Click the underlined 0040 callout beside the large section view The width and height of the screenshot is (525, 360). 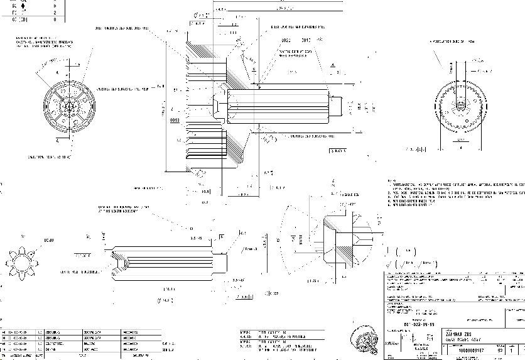pyautogui.click(x=174, y=119)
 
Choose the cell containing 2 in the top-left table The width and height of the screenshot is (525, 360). pyautogui.click(x=55, y=13)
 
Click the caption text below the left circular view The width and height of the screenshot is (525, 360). pyautogui.click(x=48, y=156)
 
